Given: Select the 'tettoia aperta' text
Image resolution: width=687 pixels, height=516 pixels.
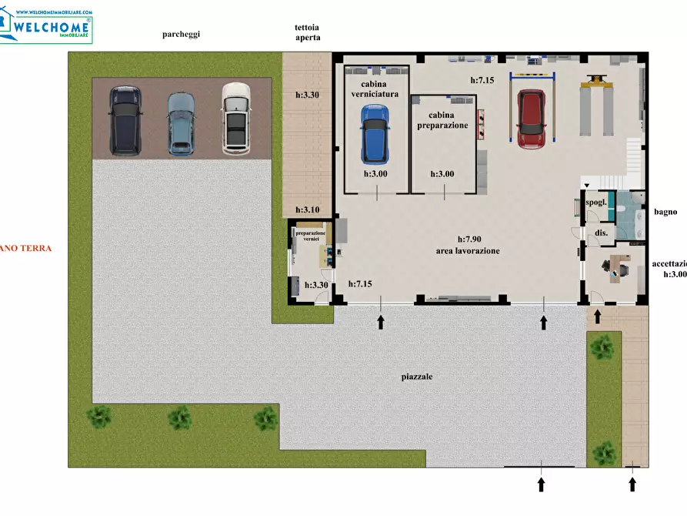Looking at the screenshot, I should pyautogui.click(x=307, y=32).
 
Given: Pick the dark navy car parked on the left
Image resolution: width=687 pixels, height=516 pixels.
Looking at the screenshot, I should pyautogui.click(x=125, y=119).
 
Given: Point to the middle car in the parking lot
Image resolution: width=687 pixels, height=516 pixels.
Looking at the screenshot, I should pyautogui.click(x=181, y=122).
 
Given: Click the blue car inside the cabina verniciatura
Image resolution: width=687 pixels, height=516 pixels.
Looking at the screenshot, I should pyautogui.click(x=374, y=134).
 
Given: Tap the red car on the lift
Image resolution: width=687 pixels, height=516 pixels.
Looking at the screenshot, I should pyautogui.click(x=530, y=119).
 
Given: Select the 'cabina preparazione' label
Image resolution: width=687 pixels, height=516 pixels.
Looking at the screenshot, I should pyautogui.click(x=442, y=120).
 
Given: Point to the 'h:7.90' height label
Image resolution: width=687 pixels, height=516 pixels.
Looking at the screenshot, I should pyautogui.click(x=469, y=240).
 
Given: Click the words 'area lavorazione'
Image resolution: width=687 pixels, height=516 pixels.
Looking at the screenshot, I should pyautogui.click(x=469, y=251).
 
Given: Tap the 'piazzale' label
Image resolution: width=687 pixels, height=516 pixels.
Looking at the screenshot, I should pyautogui.click(x=417, y=377).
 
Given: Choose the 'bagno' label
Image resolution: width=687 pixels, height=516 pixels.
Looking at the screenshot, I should pyautogui.click(x=665, y=212).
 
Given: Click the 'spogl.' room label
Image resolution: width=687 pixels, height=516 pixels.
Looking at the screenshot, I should pyautogui.click(x=597, y=203).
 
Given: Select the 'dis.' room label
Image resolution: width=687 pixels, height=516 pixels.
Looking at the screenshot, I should pyautogui.click(x=601, y=232).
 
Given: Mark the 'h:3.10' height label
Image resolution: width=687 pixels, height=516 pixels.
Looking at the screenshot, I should pyautogui.click(x=308, y=210).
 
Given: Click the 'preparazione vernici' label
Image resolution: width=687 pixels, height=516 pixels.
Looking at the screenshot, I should pyautogui.click(x=311, y=236).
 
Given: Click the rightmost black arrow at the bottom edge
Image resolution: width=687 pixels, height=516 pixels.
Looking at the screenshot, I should pyautogui.click(x=632, y=484).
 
